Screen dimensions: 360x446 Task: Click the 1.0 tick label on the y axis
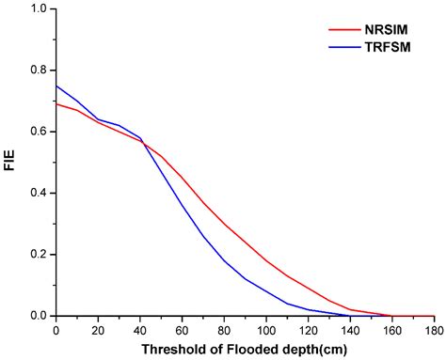[x=38, y=9]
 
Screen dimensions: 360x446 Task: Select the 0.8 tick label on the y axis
[x=38, y=70]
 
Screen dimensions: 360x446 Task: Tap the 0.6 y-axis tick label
[x=38, y=132]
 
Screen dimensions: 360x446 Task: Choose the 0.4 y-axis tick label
[x=38, y=194]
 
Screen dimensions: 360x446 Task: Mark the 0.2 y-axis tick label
[x=38, y=255]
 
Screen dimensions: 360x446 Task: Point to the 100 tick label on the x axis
[x=266, y=330]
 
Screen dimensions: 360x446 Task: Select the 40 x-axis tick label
[x=140, y=330]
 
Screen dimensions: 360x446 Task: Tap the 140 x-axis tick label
[x=350, y=330]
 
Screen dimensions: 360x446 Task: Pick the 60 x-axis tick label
[x=183, y=330]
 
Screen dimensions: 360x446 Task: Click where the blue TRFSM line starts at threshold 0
[x=57, y=86]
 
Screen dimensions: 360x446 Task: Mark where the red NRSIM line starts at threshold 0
[x=57, y=104]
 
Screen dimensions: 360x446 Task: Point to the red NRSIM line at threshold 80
[x=225, y=224]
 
